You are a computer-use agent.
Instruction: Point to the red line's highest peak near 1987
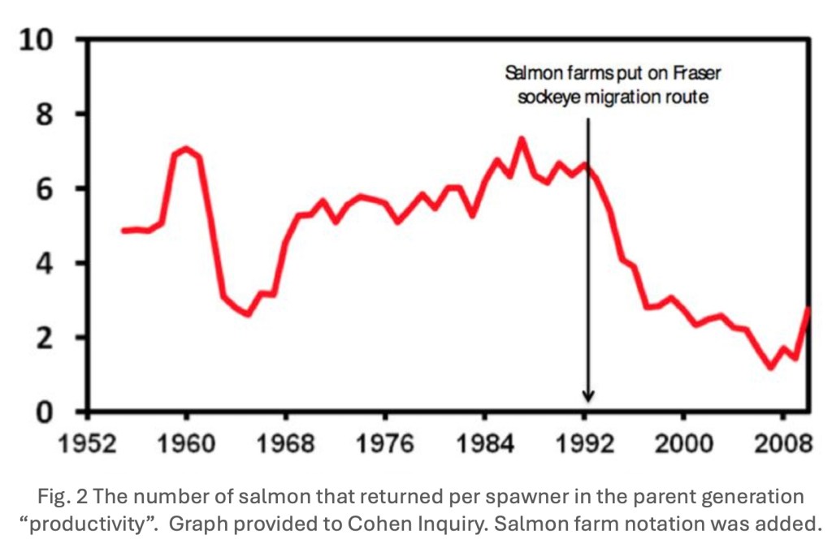522,139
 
